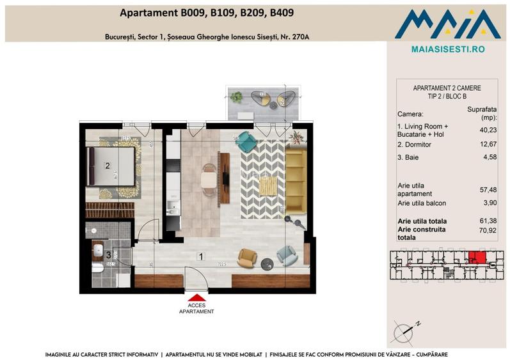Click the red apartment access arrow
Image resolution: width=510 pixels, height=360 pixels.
point(197,297)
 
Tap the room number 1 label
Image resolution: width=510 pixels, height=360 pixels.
point(201,257)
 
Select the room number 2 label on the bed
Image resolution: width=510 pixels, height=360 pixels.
point(108,165)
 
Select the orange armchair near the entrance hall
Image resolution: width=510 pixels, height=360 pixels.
point(246,257)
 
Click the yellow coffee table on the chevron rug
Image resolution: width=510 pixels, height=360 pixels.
point(268,185)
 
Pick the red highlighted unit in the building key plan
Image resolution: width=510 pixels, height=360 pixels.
point(476,258)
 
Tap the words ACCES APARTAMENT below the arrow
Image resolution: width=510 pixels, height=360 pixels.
point(197,308)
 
